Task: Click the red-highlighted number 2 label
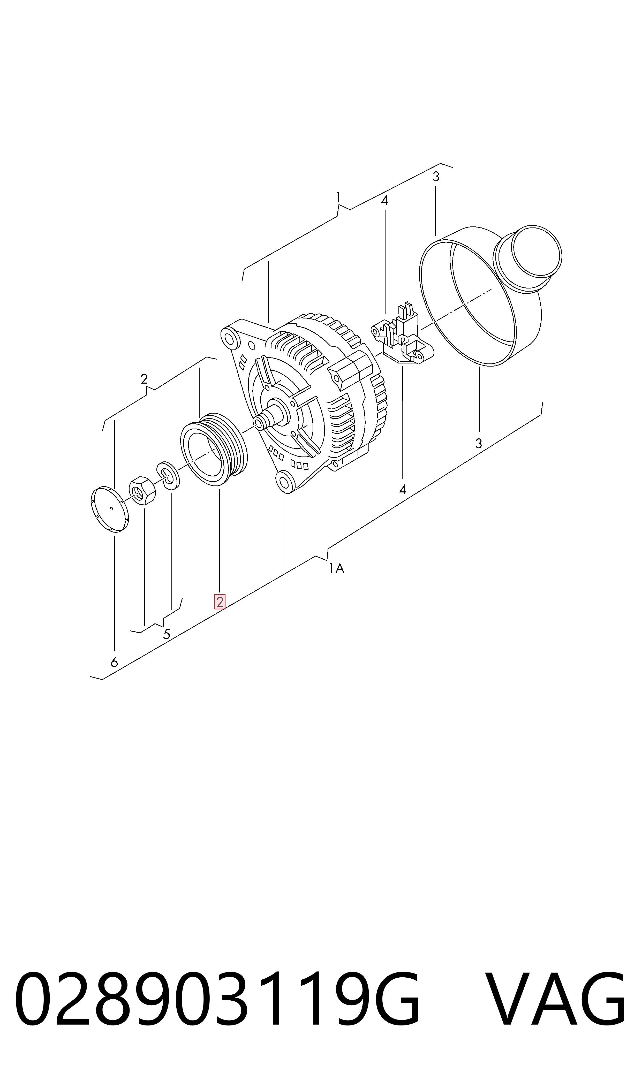220,602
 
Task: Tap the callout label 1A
336,568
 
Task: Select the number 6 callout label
114,662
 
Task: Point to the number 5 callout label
167,634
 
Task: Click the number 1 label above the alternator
338,198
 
